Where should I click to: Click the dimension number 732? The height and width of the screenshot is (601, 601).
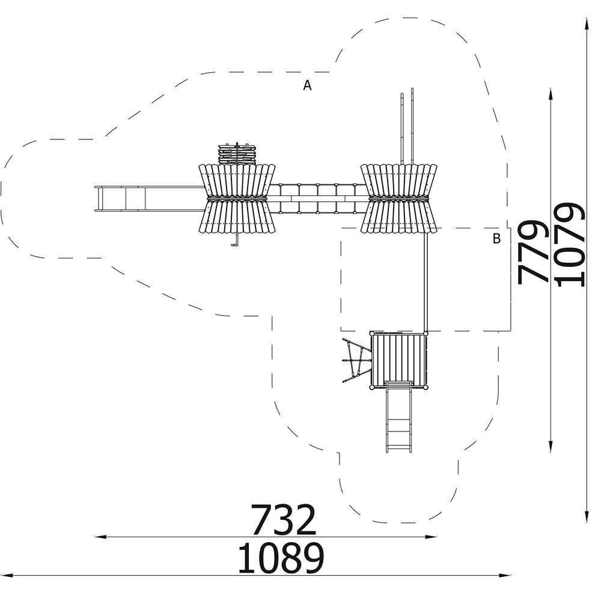(x=284, y=520)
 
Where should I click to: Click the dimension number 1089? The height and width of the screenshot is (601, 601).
(x=281, y=558)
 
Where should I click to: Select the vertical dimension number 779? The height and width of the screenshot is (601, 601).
(x=532, y=252)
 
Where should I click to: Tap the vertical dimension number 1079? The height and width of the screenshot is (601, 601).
(x=570, y=245)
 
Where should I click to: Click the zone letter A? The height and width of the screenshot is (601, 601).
(x=307, y=85)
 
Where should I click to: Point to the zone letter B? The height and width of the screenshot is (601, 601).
(x=496, y=239)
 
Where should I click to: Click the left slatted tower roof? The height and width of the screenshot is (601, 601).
(x=237, y=198)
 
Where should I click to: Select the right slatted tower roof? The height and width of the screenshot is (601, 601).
(x=398, y=198)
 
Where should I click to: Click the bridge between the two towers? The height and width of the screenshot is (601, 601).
(x=318, y=198)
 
